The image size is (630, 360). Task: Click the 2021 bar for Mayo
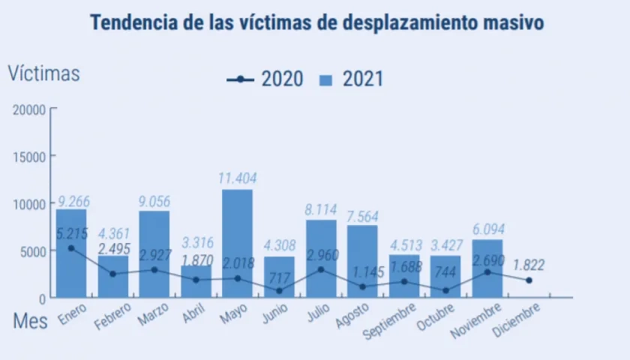[x=237, y=244]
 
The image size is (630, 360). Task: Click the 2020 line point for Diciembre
[x=529, y=280]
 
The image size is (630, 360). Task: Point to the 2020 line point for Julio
[x=321, y=269]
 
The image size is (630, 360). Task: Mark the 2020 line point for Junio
[x=279, y=290]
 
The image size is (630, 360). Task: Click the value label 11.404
[x=237, y=178]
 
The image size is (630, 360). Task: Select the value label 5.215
[x=71, y=233]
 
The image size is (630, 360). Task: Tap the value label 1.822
[x=529, y=264]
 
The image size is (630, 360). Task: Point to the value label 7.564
[x=362, y=215]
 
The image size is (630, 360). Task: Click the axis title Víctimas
[x=43, y=73]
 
